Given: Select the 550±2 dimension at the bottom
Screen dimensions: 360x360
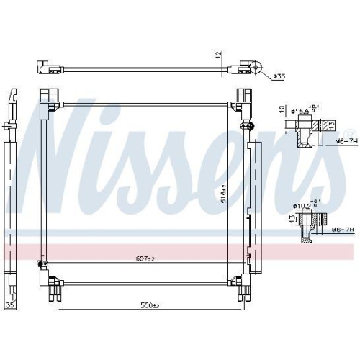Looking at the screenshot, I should point(149,306).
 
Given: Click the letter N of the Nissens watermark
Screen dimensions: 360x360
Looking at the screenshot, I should point(58,151).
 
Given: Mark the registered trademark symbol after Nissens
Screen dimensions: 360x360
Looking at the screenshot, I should point(351,133).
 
